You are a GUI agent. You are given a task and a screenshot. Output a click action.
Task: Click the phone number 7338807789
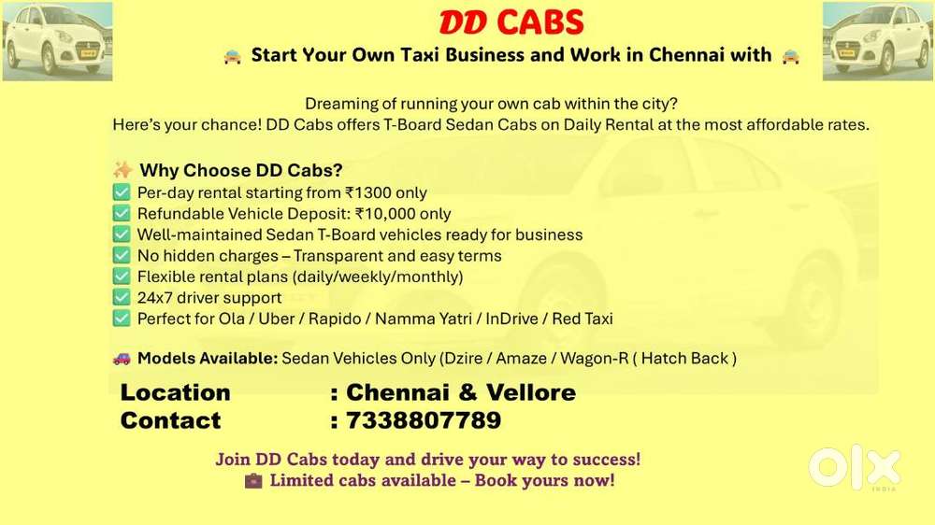pos(424,420)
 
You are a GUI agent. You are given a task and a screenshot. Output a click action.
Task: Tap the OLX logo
pos(855,468)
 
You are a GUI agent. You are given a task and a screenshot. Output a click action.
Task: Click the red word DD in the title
pos(463,21)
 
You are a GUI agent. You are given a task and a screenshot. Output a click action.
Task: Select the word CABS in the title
pos(540,21)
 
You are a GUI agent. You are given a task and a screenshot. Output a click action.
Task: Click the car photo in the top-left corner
pos(57,40)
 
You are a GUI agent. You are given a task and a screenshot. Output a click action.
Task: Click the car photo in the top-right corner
pos(878,40)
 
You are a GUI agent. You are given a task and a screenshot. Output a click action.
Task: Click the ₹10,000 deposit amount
pos(387,214)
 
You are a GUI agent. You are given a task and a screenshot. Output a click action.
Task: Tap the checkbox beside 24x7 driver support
pos(122,297)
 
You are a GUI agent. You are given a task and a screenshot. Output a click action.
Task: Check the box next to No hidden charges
pos(122,255)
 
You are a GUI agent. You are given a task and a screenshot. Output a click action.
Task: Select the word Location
pos(175,392)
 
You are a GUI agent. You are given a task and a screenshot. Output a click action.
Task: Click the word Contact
pos(170,420)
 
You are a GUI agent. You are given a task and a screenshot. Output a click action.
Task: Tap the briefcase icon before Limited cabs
pos(253,481)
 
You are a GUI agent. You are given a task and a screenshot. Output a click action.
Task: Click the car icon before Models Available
pos(122,358)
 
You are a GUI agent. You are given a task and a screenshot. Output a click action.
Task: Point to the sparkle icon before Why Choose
pos(122,170)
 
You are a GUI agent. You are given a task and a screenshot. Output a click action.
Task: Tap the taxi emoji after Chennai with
pos(791,55)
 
